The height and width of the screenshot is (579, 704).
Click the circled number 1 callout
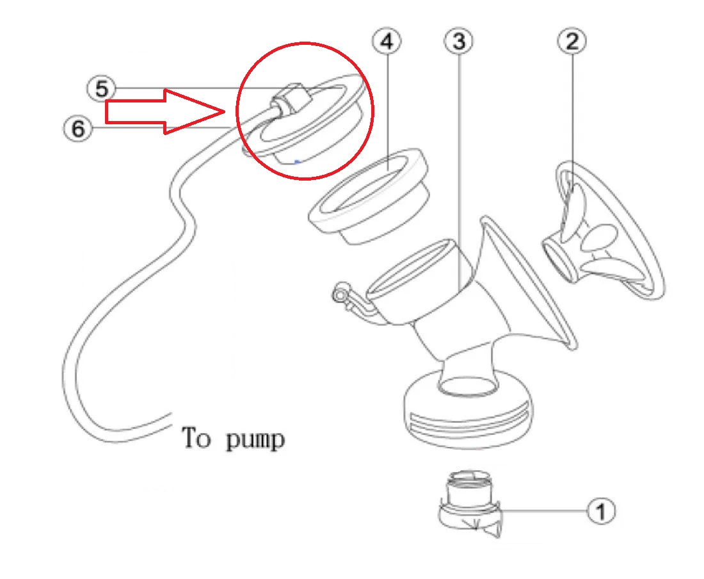601,510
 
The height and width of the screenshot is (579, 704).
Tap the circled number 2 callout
572,42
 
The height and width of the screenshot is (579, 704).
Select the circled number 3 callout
458,42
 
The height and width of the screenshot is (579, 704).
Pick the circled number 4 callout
387,42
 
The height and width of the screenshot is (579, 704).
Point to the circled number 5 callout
101,88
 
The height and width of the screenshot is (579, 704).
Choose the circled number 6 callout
77,129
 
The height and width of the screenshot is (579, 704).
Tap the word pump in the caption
255,439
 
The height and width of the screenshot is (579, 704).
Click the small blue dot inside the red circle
296,161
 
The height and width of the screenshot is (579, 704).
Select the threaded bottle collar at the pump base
468,413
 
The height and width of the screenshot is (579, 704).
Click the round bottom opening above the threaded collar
468,386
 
